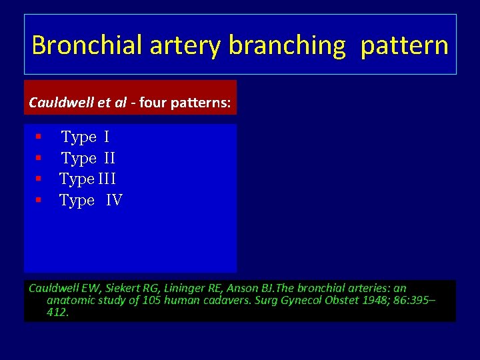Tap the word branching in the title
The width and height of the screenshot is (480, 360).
tap(287, 45)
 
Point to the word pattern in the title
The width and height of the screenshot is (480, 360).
tap(404, 45)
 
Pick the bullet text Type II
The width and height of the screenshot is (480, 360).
tap(88, 159)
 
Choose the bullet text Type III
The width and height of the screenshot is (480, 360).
tap(87, 179)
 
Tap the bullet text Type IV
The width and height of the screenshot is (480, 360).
tap(91, 200)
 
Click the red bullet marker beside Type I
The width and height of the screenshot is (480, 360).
tap(39, 137)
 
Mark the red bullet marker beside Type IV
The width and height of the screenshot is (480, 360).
tap(39, 200)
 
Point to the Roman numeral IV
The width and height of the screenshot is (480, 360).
tap(113, 200)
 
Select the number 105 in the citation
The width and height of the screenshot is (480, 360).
tap(133, 301)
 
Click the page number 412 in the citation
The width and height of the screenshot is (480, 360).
tap(57, 312)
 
